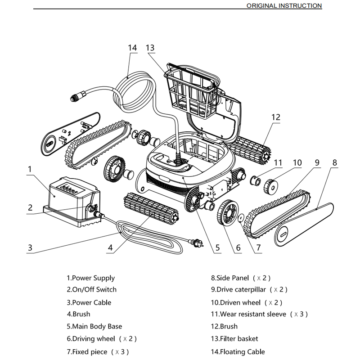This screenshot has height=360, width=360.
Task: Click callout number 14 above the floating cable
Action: coord(132,47)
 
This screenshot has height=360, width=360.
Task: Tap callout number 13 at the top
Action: coord(150,47)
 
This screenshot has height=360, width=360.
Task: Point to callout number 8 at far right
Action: coord(334,162)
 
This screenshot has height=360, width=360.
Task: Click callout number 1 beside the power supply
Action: coord(29,169)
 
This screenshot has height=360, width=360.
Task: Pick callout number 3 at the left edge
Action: coord(30,247)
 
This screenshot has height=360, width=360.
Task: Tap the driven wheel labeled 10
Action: coord(270,184)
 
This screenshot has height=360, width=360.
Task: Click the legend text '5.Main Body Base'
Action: coord(94,326)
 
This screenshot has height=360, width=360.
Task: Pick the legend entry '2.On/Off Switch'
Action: coord(91,290)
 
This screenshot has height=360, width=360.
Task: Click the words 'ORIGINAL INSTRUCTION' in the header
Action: coord(284,6)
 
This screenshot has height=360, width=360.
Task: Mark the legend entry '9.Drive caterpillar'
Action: coord(249,290)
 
